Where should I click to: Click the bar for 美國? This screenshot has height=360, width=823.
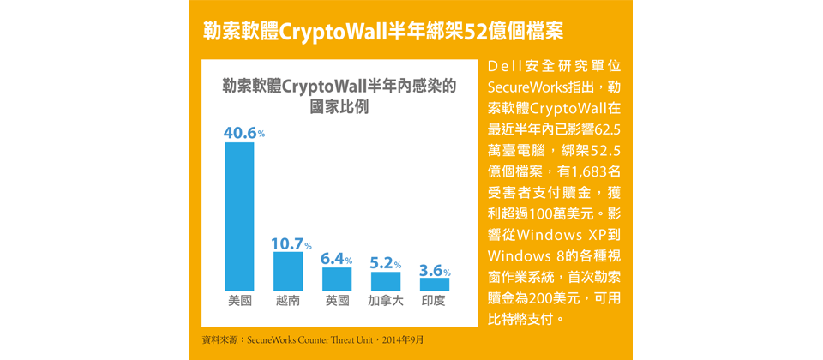tap(239, 216)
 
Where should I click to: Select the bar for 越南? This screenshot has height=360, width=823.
tap(288, 271)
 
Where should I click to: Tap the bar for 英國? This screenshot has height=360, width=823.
tap(337, 279)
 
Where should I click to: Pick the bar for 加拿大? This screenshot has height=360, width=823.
tap(386, 281)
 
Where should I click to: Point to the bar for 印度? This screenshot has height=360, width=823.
tap(435, 284)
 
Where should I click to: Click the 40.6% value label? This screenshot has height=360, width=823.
tap(243, 133)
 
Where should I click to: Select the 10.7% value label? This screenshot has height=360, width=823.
tap(291, 244)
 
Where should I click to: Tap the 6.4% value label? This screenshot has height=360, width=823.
tap(336, 258)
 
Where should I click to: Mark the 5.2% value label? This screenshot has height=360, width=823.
tap(385, 263)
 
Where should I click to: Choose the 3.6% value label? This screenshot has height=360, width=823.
tap(434, 271)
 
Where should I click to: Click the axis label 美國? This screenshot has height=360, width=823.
tap(239, 302)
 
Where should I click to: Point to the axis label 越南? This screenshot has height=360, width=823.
tap(288, 302)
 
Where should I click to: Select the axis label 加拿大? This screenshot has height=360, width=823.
tap(386, 302)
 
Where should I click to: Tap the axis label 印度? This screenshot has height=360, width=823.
tap(435, 302)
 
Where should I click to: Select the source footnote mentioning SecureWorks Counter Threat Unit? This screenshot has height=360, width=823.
tap(312, 340)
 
